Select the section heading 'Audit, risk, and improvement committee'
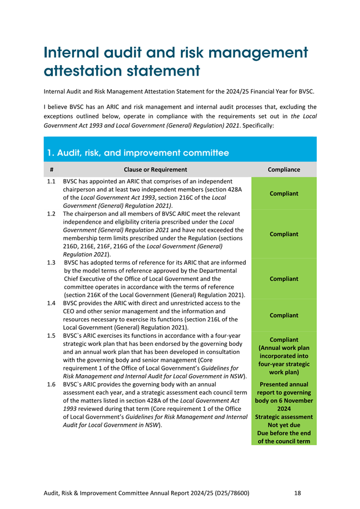(x=138, y=153)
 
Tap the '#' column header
(x=51, y=170)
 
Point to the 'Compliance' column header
(x=284, y=170)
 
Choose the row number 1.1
(x=51, y=182)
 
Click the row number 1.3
(x=51, y=262)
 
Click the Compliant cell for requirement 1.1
(x=284, y=194)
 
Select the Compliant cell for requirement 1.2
(x=284, y=234)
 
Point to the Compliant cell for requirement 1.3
(x=284, y=279)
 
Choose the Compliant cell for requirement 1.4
(x=284, y=316)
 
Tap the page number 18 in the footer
(x=298, y=493)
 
